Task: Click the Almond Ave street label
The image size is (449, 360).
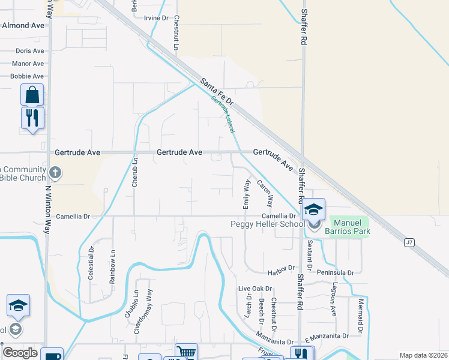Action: (23, 26)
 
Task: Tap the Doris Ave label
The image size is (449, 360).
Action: (30, 51)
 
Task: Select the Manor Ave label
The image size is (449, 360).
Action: (28, 64)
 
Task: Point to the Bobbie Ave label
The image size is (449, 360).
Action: (27, 76)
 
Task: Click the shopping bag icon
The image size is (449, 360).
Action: (32, 95)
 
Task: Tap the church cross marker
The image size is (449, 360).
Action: (55, 174)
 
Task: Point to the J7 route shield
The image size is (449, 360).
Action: (409, 242)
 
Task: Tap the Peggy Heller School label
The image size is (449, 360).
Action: (268, 224)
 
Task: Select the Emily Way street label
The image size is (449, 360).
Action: (246, 194)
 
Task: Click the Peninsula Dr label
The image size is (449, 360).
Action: (337, 272)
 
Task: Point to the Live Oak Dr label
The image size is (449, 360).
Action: (255, 289)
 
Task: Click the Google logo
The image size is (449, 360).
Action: (20, 353)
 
